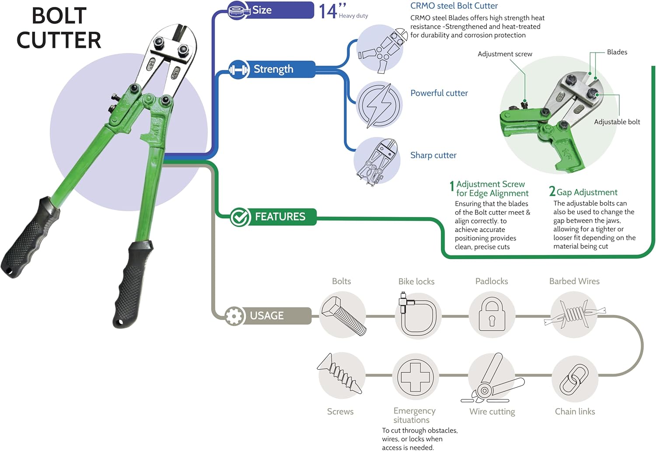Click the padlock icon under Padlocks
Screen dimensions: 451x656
click(x=492, y=315)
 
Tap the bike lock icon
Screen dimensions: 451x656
click(x=415, y=315)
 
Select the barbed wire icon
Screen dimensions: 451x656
click(x=574, y=313)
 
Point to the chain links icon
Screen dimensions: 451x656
click(x=575, y=378)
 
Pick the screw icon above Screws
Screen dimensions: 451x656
click(x=340, y=374)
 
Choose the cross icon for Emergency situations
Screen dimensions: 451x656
click(x=415, y=376)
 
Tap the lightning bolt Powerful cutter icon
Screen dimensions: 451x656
click(x=379, y=105)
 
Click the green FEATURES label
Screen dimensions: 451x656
click(x=280, y=217)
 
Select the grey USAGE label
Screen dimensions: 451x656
click(x=266, y=315)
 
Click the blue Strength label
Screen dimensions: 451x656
click(x=273, y=69)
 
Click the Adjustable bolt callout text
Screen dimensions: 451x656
click(x=617, y=122)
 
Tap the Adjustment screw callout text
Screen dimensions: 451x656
click(x=505, y=54)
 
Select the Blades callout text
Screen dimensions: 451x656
click(x=617, y=52)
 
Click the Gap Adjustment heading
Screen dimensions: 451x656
click(x=586, y=192)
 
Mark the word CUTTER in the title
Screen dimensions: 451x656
click(x=59, y=40)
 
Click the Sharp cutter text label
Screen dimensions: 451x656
click(x=433, y=155)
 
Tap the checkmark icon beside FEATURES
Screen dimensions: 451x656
click(x=240, y=217)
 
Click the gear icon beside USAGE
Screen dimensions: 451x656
click(x=235, y=316)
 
